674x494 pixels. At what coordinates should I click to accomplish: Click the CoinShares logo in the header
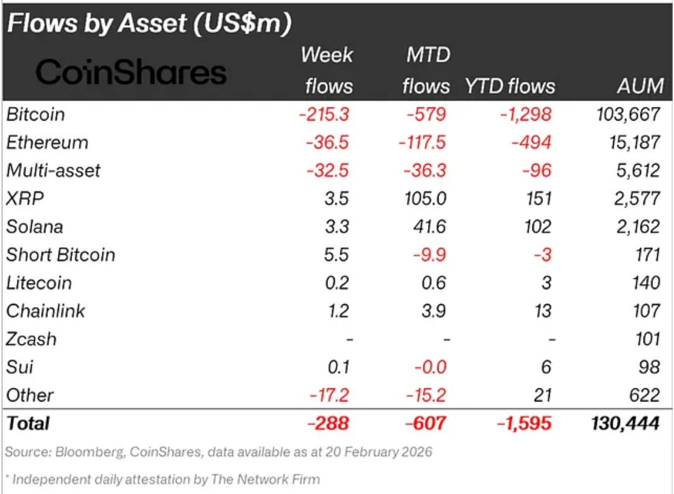click(x=131, y=73)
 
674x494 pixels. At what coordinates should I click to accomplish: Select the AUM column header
click(x=640, y=86)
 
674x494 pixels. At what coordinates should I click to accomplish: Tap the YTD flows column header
click(x=510, y=86)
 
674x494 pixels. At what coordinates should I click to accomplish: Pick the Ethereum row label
click(x=47, y=143)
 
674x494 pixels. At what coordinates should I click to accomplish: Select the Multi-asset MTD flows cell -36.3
click(x=424, y=171)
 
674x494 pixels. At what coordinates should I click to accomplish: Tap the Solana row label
click(x=35, y=227)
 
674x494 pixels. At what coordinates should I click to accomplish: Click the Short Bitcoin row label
click(x=61, y=255)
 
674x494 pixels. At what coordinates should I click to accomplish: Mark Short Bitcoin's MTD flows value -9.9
click(x=429, y=255)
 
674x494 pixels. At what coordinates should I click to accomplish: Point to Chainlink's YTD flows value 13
click(x=542, y=311)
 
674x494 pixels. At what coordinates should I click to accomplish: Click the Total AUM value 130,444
click(x=624, y=423)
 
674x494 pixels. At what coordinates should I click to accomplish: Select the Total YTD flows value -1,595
click(x=524, y=423)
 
